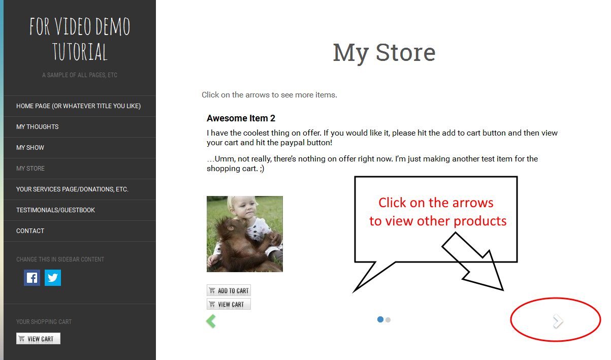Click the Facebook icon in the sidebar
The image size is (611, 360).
click(32, 278)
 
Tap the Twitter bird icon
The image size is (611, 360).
click(53, 278)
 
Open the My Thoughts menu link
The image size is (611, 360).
click(38, 127)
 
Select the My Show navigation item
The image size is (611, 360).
click(30, 148)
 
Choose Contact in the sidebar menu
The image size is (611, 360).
click(30, 231)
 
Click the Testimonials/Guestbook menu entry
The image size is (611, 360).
click(55, 210)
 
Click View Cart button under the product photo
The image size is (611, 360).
click(229, 304)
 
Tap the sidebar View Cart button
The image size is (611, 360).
click(38, 339)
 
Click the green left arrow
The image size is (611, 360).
click(211, 321)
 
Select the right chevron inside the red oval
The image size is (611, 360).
click(558, 321)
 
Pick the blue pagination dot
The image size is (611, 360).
click(380, 319)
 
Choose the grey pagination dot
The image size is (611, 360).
click(388, 320)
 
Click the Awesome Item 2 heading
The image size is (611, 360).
click(241, 118)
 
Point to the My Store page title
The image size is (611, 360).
click(384, 53)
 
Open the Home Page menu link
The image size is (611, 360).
click(78, 106)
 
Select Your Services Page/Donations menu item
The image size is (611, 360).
click(72, 189)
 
